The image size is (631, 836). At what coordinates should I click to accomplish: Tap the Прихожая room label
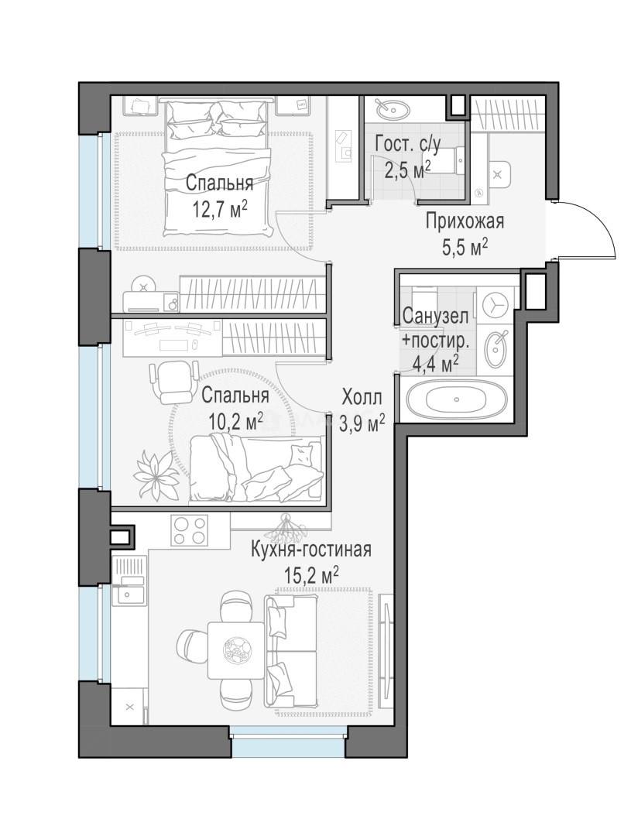pos(464,221)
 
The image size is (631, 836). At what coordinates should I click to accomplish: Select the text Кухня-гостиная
pos(311,550)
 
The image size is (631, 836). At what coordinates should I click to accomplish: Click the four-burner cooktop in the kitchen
pos(190,530)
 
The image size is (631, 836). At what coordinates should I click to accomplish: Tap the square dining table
pos(236,650)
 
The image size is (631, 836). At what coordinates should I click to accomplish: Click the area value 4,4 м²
pos(436,364)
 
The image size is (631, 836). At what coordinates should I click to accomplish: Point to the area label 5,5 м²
pos(465,248)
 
